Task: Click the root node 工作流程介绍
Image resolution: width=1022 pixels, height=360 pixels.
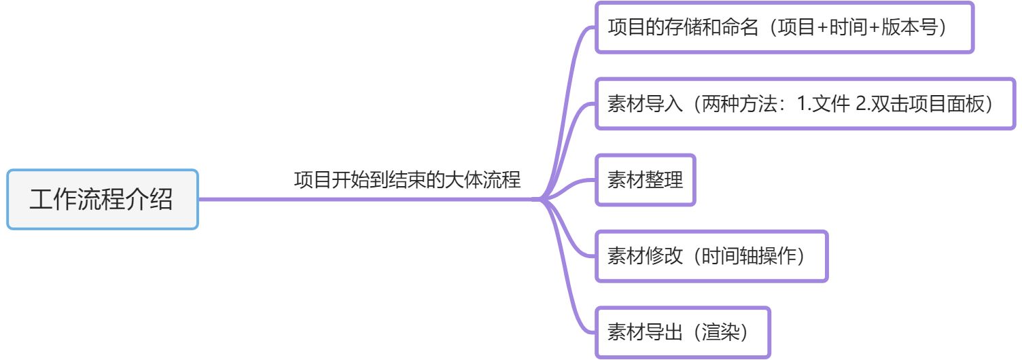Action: coord(102,200)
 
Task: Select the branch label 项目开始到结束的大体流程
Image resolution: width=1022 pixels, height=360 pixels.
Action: coord(407,181)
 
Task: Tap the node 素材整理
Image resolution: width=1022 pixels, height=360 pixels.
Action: coord(645,181)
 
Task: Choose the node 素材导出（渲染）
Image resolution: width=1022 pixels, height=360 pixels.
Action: coord(682,333)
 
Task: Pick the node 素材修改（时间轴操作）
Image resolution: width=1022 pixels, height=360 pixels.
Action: coord(711,257)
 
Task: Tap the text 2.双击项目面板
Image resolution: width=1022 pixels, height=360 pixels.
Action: coord(917,105)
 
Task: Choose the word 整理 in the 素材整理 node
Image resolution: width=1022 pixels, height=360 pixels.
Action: coord(664,181)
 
